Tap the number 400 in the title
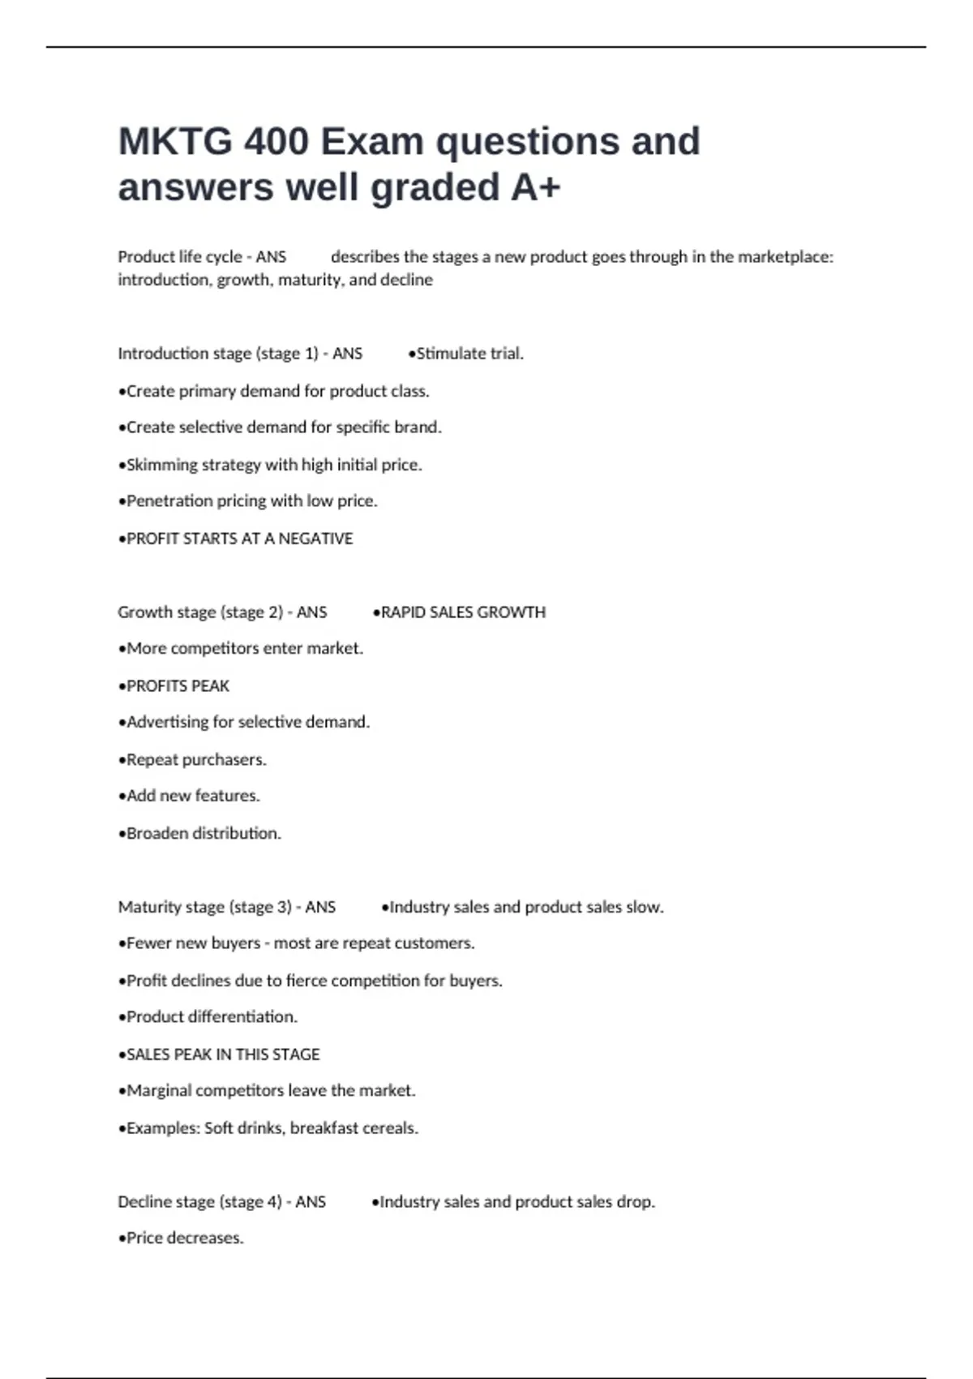(x=276, y=142)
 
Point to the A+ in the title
(x=535, y=187)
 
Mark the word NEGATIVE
(x=315, y=539)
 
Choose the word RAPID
(x=403, y=612)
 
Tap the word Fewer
(x=148, y=943)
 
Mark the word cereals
(x=392, y=1128)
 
